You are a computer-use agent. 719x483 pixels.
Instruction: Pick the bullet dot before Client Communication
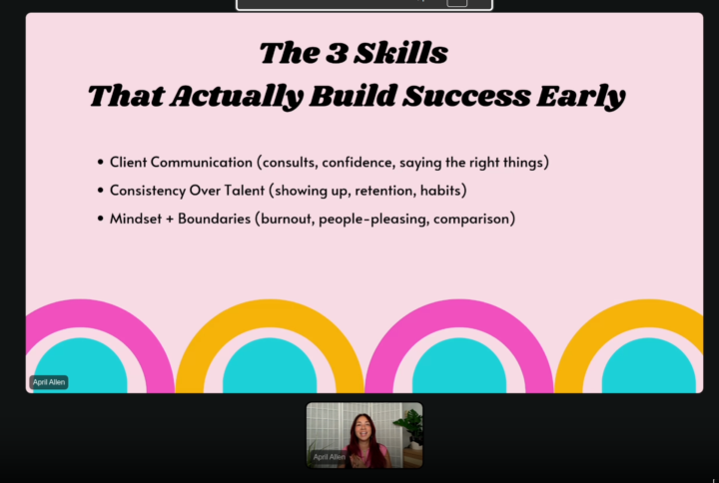[100, 162]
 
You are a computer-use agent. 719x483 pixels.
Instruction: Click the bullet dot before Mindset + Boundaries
[100, 219]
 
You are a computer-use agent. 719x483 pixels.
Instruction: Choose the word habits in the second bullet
[442, 190]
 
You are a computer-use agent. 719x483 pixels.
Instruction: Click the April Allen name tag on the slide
[49, 382]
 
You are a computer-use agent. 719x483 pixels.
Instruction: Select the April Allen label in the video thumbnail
[329, 456]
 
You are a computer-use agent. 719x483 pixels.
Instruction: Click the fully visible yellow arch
[270, 329]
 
